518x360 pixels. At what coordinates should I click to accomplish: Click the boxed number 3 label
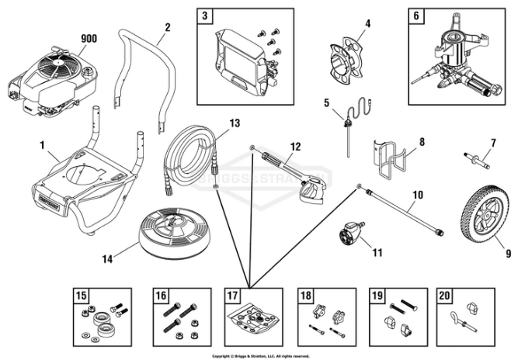point(205,16)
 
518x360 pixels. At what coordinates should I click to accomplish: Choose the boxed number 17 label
point(232,295)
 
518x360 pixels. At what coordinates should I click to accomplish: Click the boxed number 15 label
point(81,295)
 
